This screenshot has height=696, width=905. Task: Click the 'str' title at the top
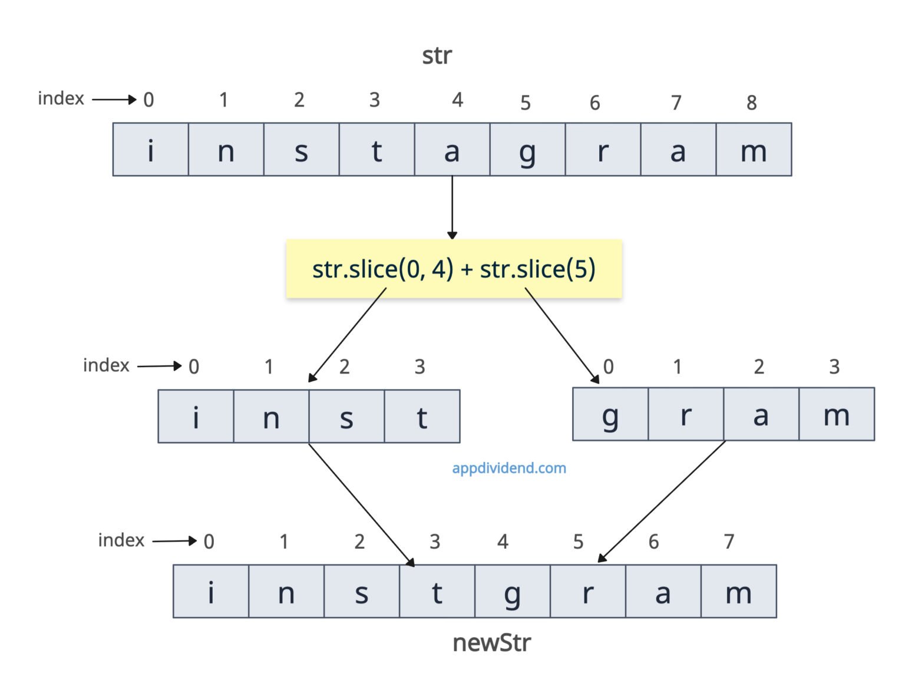[437, 56]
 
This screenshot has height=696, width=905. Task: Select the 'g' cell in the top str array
[527, 150]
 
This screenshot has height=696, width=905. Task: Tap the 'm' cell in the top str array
[754, 150]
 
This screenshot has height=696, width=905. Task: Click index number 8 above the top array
[751, 103]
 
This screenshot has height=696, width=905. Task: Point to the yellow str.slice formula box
[454, 269]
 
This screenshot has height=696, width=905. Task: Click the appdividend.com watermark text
[509, 468]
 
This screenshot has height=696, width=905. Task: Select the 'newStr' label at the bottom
[491, 642]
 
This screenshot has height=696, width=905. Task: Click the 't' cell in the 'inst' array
[422, 416]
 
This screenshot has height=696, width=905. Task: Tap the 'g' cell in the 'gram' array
[610, 414]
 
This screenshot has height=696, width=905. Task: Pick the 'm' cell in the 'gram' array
[837, 414]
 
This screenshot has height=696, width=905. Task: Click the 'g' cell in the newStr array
[512, 592]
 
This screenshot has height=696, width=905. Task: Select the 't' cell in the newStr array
[437, 592]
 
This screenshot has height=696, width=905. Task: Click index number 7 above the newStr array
[729, 541]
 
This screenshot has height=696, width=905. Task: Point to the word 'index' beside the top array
[61, 98]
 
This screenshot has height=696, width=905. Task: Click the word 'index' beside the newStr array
[121, 540]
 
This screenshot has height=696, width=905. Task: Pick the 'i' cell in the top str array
[151, 150]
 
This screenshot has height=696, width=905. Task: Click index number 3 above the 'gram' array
[834, 367]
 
